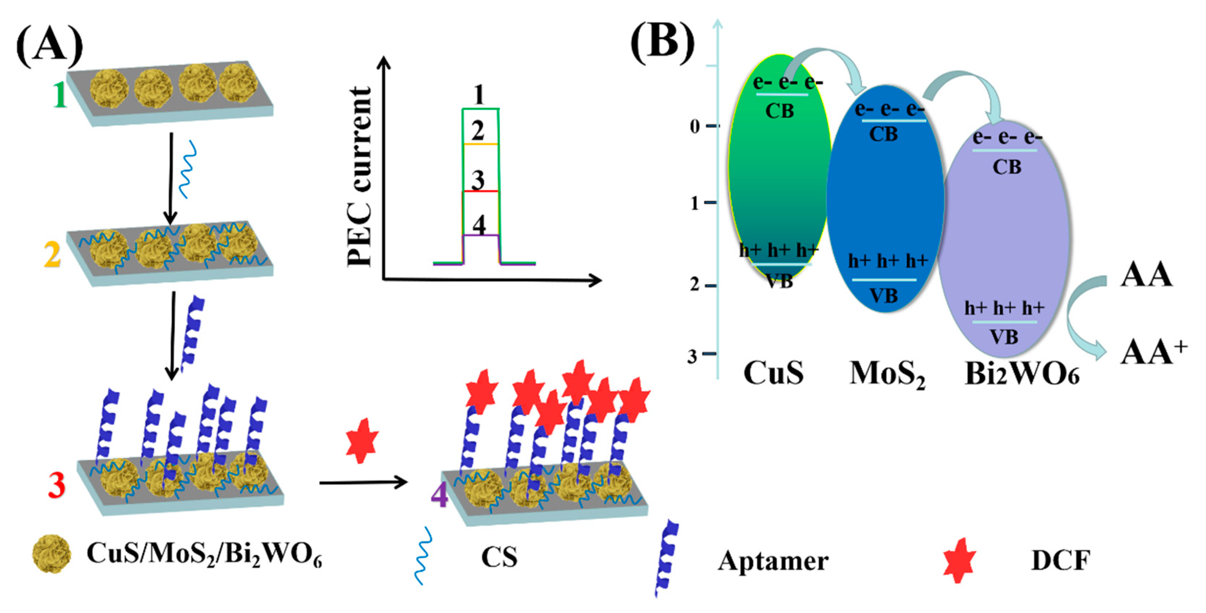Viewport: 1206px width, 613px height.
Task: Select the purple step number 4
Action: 439,496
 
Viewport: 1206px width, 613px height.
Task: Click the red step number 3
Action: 56,485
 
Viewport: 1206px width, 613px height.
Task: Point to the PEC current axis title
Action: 359,177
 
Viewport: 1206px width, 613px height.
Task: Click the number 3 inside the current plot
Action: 477,180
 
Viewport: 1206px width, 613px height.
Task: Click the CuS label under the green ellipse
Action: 773,373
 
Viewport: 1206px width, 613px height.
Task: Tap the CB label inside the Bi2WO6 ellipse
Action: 1006,167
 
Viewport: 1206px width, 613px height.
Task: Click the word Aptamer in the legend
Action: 773,561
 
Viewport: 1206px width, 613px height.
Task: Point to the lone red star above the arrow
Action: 362,441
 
